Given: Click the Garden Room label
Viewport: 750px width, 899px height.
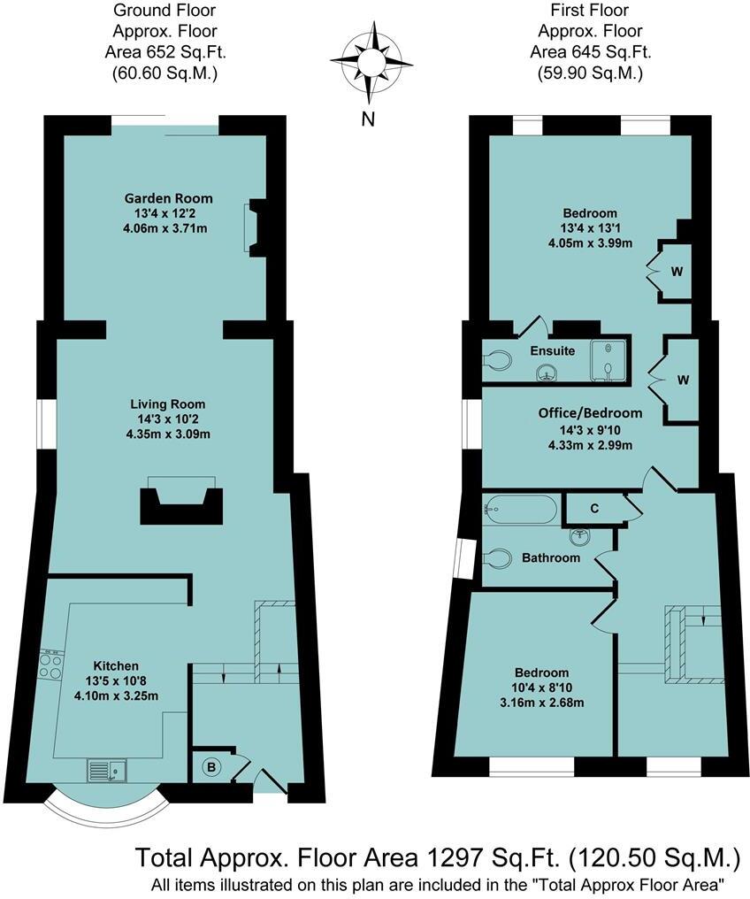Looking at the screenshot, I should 168,198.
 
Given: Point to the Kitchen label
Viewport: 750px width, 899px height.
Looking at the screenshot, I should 117,665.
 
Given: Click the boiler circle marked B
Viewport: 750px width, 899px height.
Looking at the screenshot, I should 210,767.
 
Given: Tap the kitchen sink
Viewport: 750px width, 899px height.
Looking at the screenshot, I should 107,771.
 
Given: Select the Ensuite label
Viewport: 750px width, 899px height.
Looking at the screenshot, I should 552,350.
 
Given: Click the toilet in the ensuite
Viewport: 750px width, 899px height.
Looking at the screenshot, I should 498,361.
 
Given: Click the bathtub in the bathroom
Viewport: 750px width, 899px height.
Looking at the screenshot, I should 521,510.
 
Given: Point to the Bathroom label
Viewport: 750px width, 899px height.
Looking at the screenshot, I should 550,557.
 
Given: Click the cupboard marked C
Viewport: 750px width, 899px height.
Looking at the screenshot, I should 594,509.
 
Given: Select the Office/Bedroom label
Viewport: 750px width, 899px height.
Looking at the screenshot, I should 590,412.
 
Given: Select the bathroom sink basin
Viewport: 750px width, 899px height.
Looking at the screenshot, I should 580,537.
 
